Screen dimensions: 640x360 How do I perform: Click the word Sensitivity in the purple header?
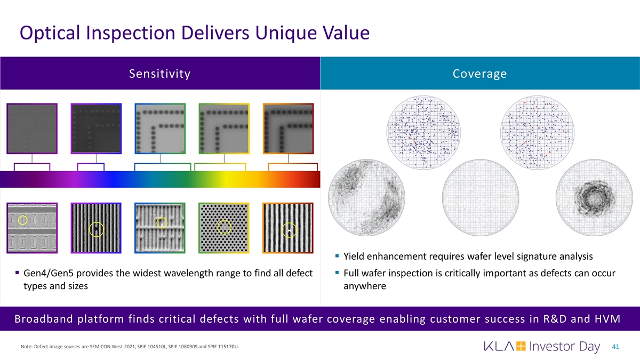tap(159, 74)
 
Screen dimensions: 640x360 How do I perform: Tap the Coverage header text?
tap(479, 74)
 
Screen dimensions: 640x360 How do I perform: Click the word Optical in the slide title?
tap(50, 33)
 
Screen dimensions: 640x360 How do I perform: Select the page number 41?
tap(615, 347)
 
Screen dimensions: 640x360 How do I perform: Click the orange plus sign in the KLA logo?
tap(521, 346)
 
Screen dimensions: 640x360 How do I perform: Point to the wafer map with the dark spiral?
tap(594, 197)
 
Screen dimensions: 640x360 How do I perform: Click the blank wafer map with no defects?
tap(481, 197)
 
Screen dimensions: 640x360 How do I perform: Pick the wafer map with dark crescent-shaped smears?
tap(366, 197)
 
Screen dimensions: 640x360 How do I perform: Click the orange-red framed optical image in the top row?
tap(289, 129)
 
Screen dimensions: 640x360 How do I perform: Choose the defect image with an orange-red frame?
tap(288, 228)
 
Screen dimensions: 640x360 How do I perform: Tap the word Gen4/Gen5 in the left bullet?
tap(49, 274)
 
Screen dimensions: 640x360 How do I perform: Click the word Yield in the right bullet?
tap(354, 257)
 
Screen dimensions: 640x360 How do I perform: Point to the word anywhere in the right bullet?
tap(365, 286)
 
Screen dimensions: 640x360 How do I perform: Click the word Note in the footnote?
tap(26, 347)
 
